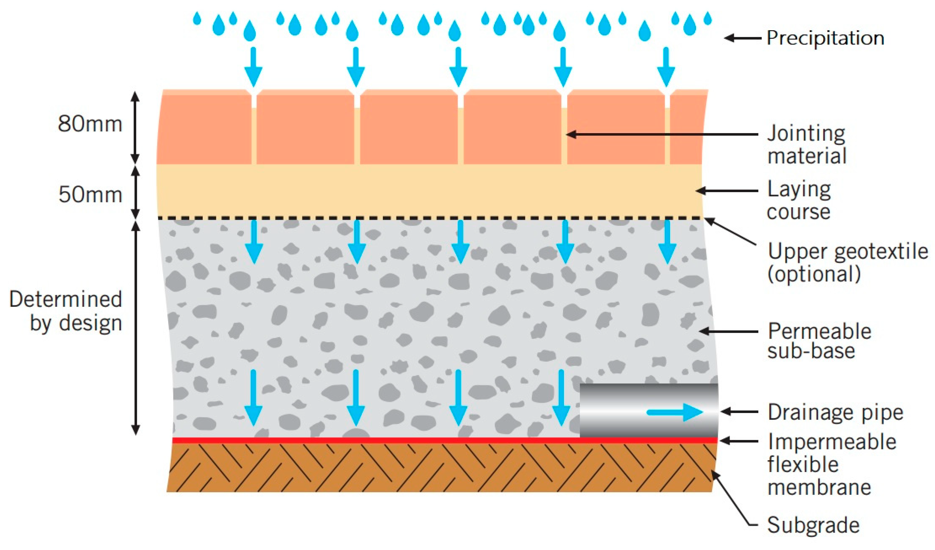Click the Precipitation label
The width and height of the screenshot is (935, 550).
click(825, 38)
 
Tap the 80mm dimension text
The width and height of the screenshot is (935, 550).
click(90, 124)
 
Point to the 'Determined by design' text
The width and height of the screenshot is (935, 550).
click(66, 311)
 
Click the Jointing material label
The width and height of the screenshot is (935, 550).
click(806, 144)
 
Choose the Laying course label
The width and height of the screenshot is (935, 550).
click(799, 200)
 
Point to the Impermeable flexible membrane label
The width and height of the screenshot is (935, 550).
click(831, 464)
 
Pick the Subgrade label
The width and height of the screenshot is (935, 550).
click(813, 525)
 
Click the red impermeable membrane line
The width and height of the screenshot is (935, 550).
click(371, 440)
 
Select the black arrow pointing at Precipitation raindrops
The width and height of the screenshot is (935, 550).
click(742, 38)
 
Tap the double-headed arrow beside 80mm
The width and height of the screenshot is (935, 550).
click(135, 127)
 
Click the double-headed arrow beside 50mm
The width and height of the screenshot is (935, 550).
click(135, 192)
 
